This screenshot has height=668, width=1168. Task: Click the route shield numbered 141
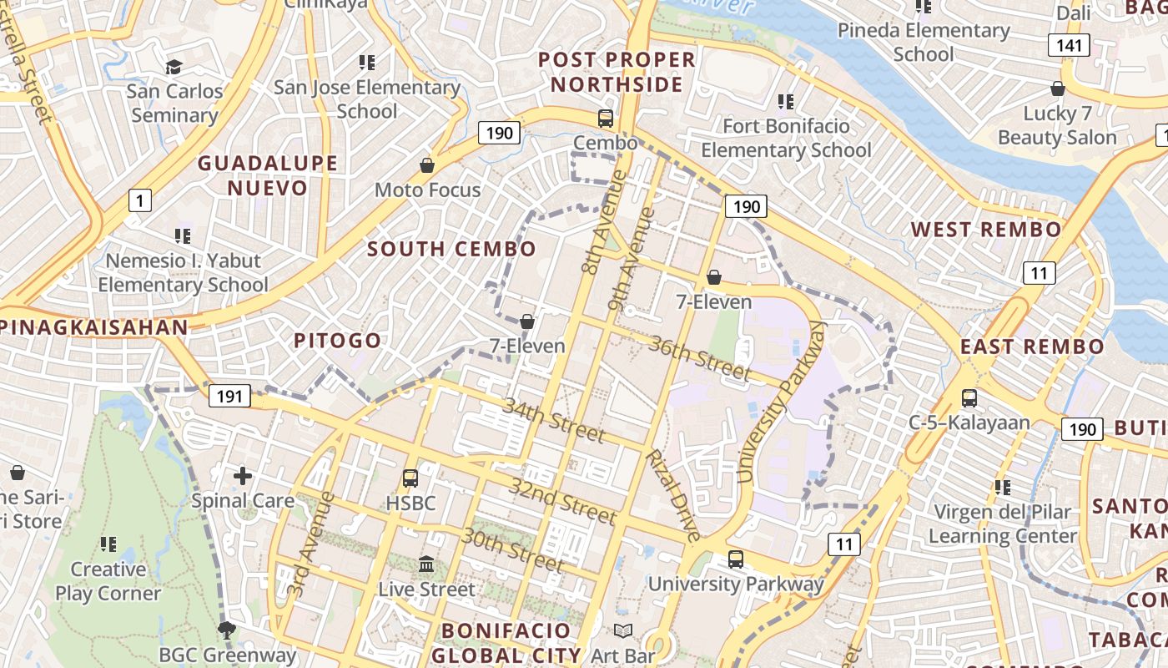[1070, 45]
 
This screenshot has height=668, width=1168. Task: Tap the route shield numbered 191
[229, 396]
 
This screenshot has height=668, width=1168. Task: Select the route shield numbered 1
[140, 200]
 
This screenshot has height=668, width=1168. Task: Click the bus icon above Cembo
[606, 119]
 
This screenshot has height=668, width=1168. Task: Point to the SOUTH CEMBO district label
[451, 249]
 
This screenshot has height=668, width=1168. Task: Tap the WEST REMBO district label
[985, 230]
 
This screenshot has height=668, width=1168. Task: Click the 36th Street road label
[699, 357]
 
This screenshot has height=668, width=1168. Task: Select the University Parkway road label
[781, 403]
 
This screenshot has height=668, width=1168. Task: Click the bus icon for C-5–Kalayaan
[969, 398]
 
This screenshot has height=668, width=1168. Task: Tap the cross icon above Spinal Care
[243, 476]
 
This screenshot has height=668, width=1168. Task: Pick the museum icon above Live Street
[426, 564]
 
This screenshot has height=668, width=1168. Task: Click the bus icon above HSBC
[410, 478]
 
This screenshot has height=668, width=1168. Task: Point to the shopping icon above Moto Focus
[427, 165]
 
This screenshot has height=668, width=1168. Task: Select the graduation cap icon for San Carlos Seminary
[174, 67]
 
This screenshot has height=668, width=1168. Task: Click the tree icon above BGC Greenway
[226, 630]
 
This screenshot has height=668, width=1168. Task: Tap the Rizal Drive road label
[672, 496]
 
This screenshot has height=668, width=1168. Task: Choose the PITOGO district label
[337, 341]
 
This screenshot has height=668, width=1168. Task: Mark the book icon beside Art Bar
[623, 631]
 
